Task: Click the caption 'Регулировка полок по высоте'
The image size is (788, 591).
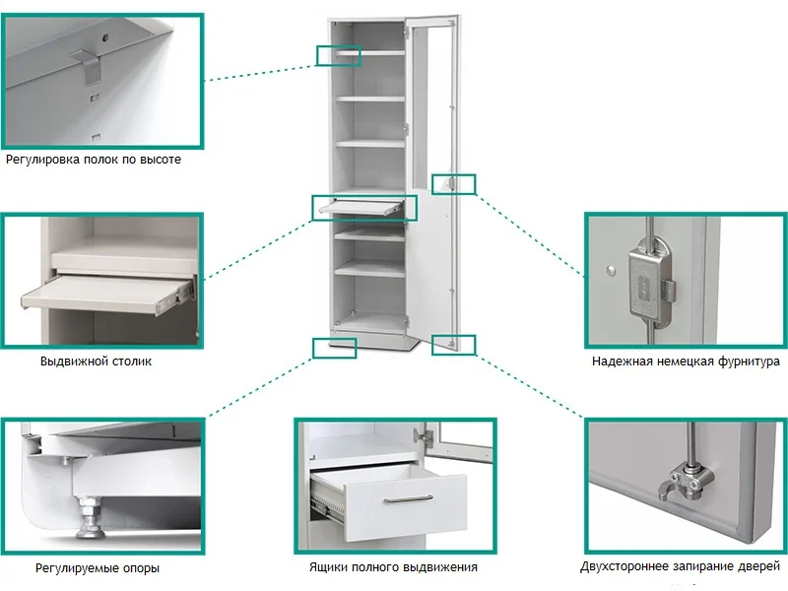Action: pos(94,160)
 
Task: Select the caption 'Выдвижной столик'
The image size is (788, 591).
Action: pos(96,361)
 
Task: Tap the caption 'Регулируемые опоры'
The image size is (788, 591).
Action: pos(98,568)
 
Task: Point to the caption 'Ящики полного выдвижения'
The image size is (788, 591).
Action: pos(393,567)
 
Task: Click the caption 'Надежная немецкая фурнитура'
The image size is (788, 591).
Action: pos(686,361)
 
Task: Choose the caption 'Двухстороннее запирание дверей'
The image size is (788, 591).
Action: pos(680,567)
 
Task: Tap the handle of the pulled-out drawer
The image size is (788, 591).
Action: pos(408,499)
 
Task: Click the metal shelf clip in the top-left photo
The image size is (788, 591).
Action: pos(91,66)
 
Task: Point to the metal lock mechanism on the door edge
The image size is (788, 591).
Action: pos(649,283)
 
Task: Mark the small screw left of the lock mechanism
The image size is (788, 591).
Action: pos(611,270)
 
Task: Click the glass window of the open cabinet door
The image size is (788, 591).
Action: pos(430,105)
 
